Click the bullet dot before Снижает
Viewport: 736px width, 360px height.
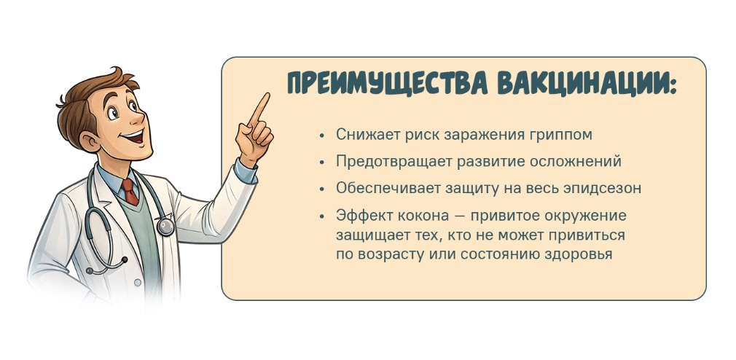pyautogui.click(x=321, y=135)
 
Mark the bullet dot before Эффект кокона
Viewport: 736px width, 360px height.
pyautogui.click(x=321, y=216)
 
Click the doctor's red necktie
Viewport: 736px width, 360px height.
pyautogui.click(x=130, y=191)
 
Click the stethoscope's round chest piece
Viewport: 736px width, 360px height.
pyautogui.click(x=165, y=227)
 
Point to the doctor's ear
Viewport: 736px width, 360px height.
pyautogui.click(x=88, y=140)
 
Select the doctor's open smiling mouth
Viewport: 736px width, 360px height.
pyautogui.click(x=136, y=138)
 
